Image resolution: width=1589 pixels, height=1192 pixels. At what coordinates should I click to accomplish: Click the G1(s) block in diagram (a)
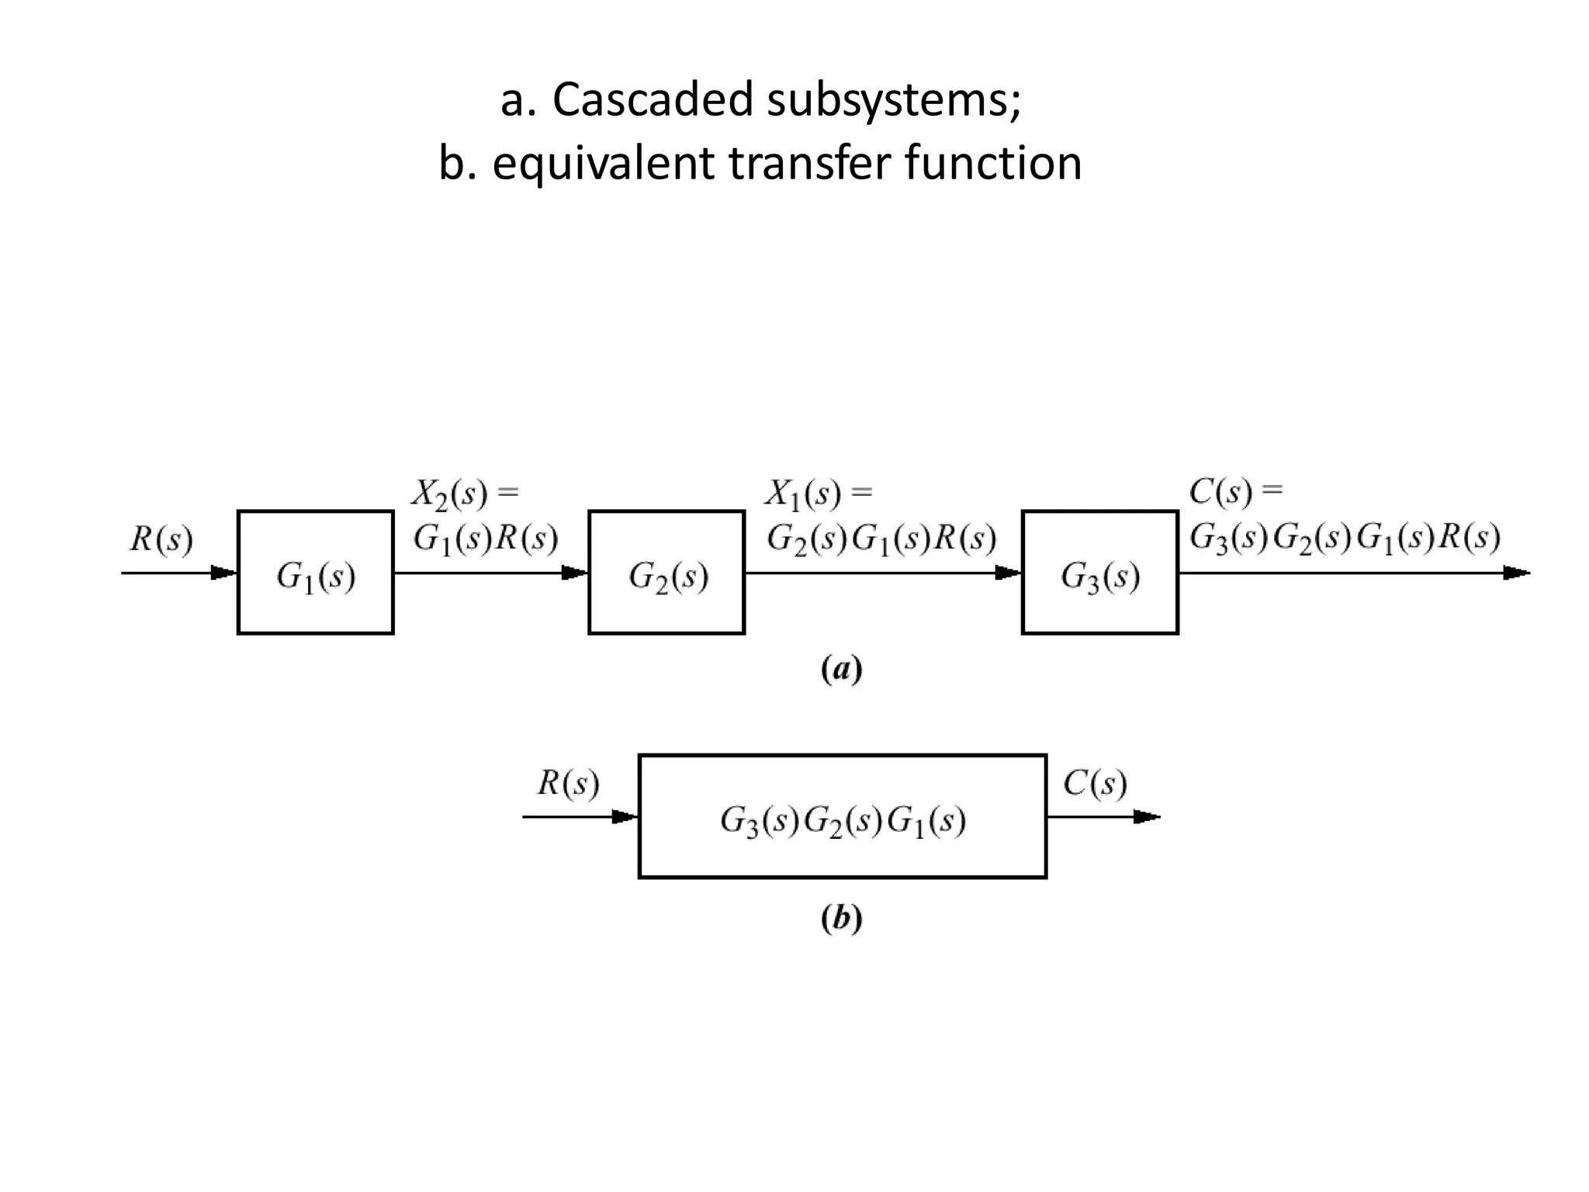[x=315, y=573]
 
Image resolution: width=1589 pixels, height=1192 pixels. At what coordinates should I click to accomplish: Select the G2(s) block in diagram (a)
[x=666, y=573]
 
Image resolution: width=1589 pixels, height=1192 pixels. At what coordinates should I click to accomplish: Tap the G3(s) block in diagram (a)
[x=1099, y=573]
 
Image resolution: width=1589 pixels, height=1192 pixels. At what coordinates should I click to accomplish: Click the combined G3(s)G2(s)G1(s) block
[x=842, y=816]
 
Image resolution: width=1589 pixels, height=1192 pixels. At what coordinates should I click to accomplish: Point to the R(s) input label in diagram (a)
[x=161, y=539]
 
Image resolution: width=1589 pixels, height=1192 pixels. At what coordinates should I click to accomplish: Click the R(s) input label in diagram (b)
[x=568, y=783]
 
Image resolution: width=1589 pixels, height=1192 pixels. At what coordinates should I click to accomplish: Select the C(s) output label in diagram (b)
[x=1095, y=783]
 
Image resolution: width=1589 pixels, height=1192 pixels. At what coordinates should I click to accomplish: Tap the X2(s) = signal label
[x=464, y=494]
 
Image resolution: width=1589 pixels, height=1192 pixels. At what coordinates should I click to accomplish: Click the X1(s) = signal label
[x=818, y=494]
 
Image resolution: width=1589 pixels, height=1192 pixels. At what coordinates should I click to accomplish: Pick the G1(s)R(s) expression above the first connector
[x=485, y=538]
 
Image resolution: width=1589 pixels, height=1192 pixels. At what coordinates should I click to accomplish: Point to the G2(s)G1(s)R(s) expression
[x=881, y=538]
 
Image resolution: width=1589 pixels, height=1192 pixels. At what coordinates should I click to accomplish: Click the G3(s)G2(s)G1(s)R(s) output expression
[x=1345, y=537]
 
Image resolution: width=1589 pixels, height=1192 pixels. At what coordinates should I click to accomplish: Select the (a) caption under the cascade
[x=841, y=669]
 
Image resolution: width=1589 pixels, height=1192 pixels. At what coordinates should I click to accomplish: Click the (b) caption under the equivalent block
[x=841, y=919]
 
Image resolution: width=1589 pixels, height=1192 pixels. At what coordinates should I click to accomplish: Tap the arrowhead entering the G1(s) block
[x=224, y=573]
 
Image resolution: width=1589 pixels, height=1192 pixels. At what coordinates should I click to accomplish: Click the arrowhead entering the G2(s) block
[x=575, y=573]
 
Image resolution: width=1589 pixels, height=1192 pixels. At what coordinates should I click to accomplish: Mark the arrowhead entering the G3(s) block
[x=1008, y=573]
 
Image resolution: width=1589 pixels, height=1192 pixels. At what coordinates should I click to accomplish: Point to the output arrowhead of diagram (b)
[x=1147, y=817]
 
